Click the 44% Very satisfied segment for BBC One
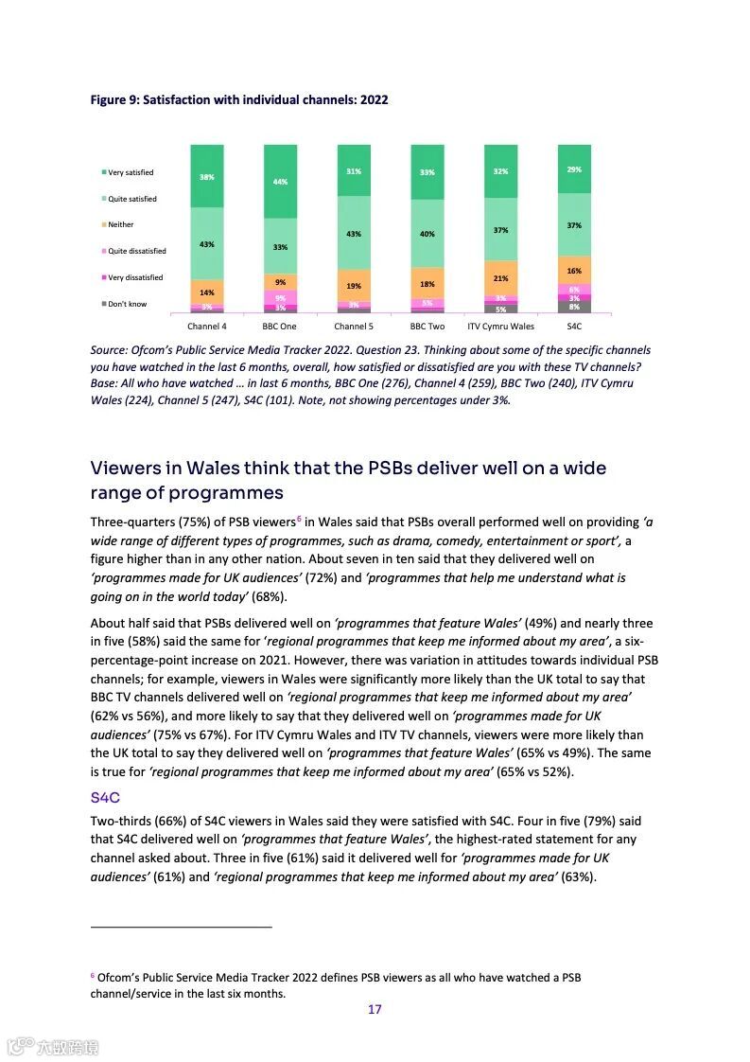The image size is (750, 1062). coord(280,181)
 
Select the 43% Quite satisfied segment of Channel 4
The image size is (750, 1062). coord(207,244)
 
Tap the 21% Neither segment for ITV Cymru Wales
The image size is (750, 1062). coord(500,278)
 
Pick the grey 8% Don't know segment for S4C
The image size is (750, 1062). coord(574,307)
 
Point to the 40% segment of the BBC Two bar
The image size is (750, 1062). coord(427,234)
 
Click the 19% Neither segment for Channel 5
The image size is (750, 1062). coord(354,286)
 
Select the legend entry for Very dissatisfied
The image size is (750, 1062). coord(132,277)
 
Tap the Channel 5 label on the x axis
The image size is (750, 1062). coord(353,327)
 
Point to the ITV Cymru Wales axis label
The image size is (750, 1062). coord(500,327)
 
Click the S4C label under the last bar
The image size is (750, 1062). coord(574,327)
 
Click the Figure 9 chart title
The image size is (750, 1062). coord(238,99)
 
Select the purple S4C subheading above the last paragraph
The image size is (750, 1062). coord(105,798)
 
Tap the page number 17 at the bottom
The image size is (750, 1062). coord(375,1009)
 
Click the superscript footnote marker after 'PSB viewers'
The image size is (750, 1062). coord(299,519)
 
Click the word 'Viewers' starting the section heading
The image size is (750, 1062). coord(123,469)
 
